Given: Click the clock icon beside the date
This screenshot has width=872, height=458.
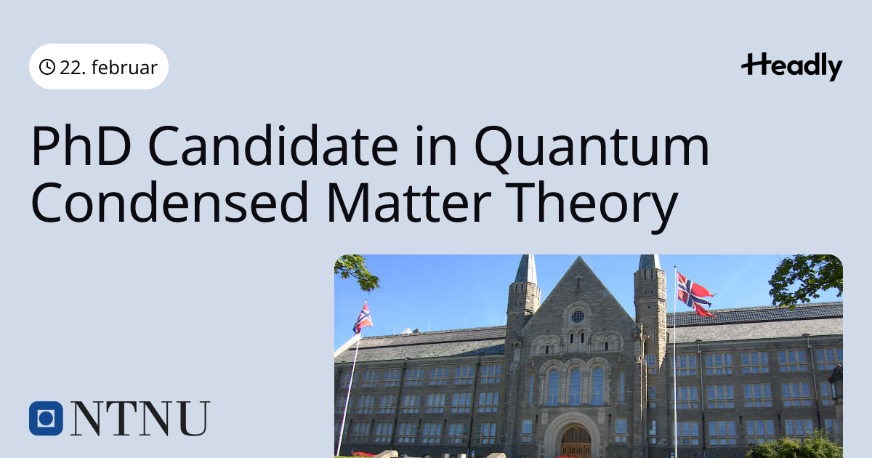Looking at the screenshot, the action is (x=47, y=67).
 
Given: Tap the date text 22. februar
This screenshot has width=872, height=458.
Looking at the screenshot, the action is (x=108, y=68).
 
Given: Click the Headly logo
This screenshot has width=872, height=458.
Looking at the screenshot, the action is (x=792, y=67).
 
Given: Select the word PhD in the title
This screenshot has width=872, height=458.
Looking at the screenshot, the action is (x=81, y=145).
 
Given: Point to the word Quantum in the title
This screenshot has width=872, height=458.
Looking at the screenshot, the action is (x=592, y=148).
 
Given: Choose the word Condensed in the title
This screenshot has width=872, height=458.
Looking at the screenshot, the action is (x=170, y=203).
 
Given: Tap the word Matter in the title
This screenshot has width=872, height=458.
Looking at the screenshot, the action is (x=408, y=203).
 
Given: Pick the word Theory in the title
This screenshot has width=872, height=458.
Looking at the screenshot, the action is (x=592, y=206).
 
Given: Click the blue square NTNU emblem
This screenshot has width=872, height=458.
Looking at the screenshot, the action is (x=46, y=418).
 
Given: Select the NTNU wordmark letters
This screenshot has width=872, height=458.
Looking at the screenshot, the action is (x=140, y=418).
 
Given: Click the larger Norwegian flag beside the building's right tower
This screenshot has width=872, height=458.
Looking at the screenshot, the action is (x=695, y=294).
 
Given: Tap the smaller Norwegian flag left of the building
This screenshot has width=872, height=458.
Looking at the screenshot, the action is (x=363, y=318).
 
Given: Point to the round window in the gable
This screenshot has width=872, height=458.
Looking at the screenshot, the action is (x=578, y=316).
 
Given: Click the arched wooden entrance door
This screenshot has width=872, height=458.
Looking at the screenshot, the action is (x=576, y=442).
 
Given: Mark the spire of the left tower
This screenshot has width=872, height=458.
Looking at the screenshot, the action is (x=526, y=270).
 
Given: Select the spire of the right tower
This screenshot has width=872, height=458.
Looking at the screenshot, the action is (x=650, y=262).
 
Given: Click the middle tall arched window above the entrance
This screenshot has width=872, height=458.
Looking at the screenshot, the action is (x=576, y=386).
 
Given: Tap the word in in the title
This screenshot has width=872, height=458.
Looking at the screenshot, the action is (x=436, y=145).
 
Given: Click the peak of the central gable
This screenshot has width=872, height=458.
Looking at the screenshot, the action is (x=579, y=257).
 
